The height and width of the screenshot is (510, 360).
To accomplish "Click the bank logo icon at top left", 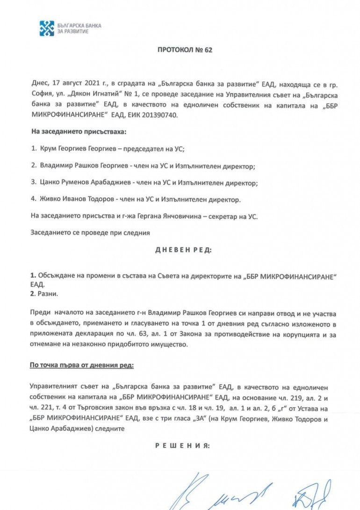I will pyautogui.click(x=47, y=28).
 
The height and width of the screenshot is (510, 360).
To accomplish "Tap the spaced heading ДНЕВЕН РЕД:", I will pyautogui.click(x=183, y=250).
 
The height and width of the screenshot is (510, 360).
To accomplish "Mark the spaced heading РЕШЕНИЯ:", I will pyautogui.click(x=183, y=446).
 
